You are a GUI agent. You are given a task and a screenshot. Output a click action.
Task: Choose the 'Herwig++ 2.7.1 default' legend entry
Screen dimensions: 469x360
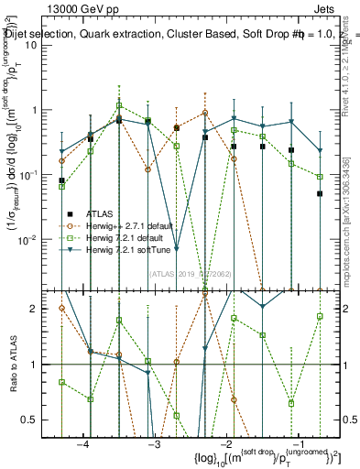click(129, 224)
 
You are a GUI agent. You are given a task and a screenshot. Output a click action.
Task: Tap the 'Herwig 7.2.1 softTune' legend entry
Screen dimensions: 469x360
click(129, 249)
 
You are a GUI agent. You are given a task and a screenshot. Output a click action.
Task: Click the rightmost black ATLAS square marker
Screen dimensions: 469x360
click(320, 193)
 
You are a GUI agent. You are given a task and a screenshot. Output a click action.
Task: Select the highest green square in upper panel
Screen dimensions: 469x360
click(119, 105)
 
